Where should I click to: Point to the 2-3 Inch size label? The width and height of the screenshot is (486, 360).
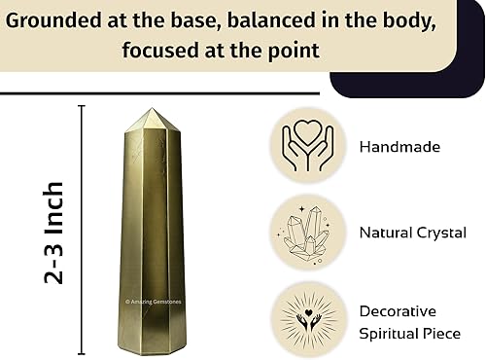point(54,232)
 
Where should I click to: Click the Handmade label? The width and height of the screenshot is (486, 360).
point(399,148)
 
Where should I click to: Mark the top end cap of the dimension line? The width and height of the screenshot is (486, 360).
point(83,107)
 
